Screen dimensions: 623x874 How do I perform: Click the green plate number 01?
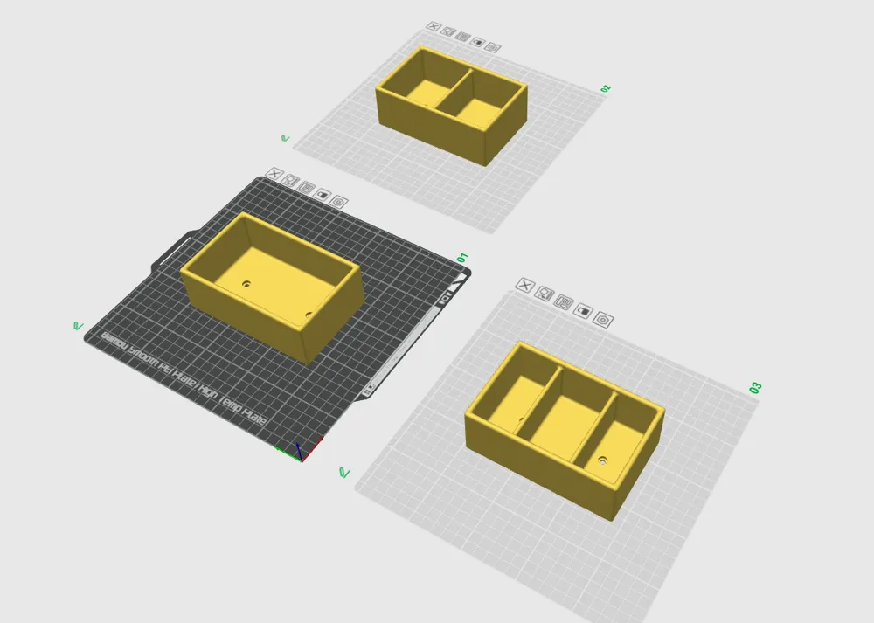463,258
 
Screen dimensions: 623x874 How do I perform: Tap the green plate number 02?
606,88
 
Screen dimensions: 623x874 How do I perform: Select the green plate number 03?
756,387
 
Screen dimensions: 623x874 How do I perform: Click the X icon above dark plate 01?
274,173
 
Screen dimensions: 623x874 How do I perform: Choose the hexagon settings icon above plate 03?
602,320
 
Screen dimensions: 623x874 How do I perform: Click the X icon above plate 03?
525,285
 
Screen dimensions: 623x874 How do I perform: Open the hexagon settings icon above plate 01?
340,201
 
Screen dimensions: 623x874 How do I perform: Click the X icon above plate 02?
433,28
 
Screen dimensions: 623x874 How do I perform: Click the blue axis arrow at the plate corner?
298,449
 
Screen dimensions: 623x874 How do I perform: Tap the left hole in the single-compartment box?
246,284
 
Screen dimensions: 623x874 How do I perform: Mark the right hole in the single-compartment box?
309,315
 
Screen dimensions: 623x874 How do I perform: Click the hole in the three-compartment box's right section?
602,458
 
